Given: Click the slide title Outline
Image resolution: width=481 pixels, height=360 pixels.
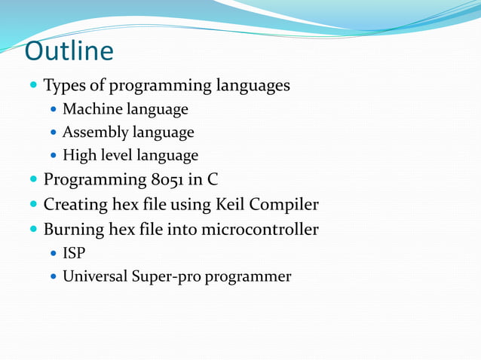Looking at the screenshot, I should tap(69, 51).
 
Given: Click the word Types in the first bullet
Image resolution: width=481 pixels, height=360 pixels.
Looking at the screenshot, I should tap(63, 86).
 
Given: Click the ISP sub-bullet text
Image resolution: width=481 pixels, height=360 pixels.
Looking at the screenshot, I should tap(74, 253).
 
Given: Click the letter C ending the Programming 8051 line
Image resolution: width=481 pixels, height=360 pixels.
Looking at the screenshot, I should tap(212, 180).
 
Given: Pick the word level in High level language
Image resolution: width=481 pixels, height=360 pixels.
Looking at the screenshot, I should tap(115, 156).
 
